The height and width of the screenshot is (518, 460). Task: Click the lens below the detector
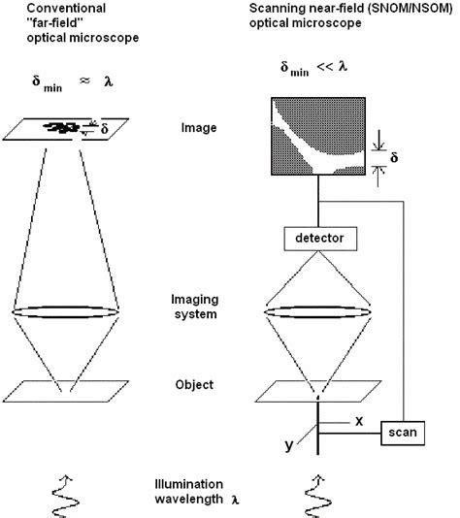[312, 313]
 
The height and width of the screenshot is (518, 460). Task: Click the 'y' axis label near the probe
[289, 445]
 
